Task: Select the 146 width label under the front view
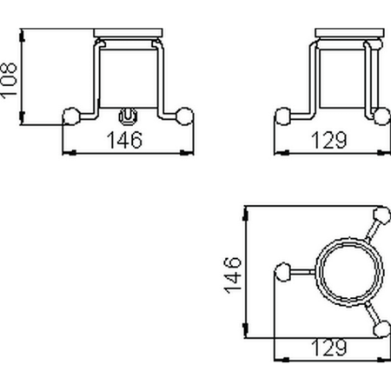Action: click(x=127, y=139)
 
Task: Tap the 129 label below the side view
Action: click(x=329, y=139)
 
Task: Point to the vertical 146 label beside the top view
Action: click(x=231, y=273)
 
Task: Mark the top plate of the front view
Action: click(x=128, y=36)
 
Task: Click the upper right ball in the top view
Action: click(x=379, y=215)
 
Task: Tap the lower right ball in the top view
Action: click(x=379, y=328)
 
